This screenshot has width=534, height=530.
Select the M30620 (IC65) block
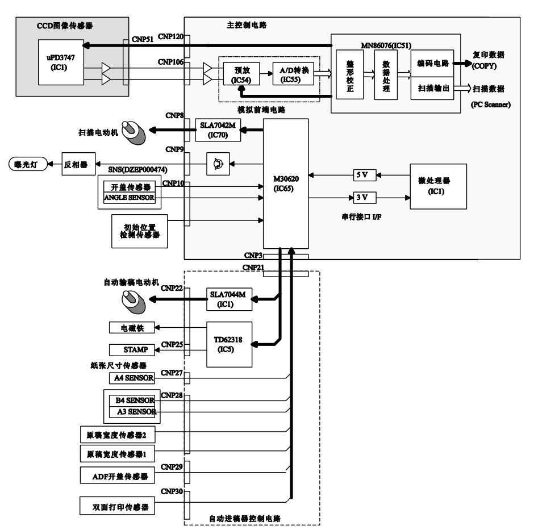point(286,183)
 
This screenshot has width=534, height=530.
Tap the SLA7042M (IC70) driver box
point(218,130)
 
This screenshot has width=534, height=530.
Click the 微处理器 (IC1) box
point(438,186)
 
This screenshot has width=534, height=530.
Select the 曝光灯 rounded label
point(26,164)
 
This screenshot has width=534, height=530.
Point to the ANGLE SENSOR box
point(129,198)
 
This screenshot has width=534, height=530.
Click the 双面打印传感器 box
point(118,505)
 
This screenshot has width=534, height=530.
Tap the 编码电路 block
point(432,63)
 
